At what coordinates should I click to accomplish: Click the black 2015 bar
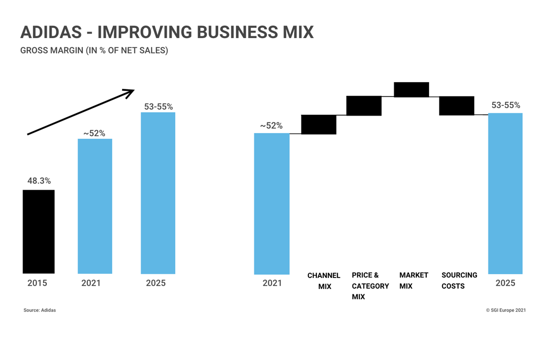coord(39,232)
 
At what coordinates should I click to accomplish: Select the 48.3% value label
coord(39,180)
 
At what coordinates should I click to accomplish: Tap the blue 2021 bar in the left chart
coord(95,207)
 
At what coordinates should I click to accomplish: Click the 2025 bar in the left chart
coord(158,193)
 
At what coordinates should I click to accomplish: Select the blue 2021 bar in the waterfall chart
coord(272,204)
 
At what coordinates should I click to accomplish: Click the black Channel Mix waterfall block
coord(319,125)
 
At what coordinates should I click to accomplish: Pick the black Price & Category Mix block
coord(364,106)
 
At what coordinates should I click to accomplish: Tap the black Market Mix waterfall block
coord(411,90)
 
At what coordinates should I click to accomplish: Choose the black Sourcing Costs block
coord(457,106)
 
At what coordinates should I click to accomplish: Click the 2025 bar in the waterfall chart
coord(505,194)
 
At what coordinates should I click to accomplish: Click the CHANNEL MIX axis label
coord(324,281)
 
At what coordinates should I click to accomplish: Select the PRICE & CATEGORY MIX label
coord(370,286)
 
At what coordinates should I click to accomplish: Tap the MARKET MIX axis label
coord(414,280)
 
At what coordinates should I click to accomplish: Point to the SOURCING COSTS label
coord(459,280)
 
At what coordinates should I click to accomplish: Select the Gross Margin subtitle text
coord(94,50)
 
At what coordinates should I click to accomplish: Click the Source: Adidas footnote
coord(40,310)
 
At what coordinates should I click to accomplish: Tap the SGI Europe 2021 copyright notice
coord(506,310)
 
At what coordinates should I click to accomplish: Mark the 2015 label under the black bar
coord(37,283)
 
